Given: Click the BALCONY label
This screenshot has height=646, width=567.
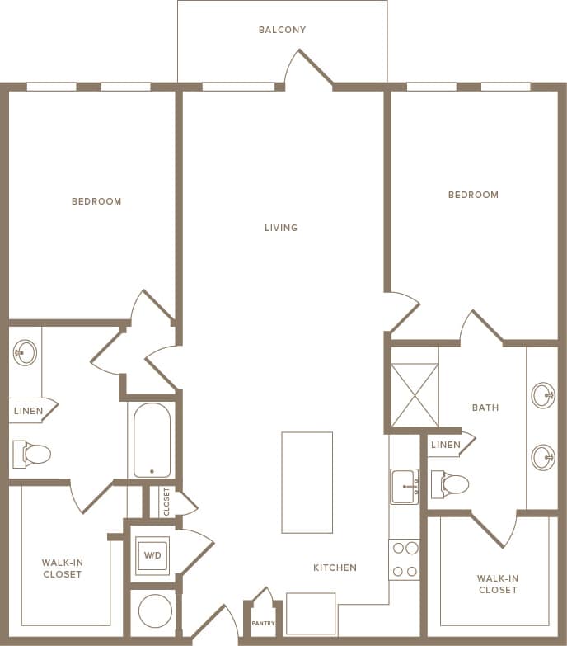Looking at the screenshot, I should pos(282,30).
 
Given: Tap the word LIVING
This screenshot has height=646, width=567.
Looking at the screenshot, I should pos(281,228).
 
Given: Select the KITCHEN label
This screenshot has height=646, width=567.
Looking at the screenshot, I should pos(335,568).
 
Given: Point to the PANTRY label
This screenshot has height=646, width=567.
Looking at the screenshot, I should pos(263,623).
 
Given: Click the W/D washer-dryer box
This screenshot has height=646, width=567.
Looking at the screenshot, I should pos(152,555).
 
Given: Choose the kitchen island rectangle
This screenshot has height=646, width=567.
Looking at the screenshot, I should pos(307,483).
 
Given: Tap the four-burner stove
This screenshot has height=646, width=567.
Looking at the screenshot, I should pos(404,559).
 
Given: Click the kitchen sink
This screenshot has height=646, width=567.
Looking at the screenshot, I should pos(404,486).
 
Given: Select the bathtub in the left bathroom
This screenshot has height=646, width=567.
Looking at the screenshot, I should pos(152,440).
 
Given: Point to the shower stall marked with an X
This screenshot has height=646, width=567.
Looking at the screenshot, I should pos(415,395).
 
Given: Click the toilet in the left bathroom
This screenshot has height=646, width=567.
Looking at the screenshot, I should pos(32,453).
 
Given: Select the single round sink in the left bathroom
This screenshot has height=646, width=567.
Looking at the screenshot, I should pos(25,353).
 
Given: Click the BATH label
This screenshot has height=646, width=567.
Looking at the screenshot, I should pos(485,408).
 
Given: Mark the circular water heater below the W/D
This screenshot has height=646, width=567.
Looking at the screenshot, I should pos(155,611).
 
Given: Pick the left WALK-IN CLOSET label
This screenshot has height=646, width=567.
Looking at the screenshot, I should pos(62,568).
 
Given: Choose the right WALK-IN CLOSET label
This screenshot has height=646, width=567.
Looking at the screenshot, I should pos(497,584).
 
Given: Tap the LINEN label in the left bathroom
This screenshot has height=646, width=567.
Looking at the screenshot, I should pos(28,411).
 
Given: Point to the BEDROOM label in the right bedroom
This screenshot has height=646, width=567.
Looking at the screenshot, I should pos(473,195).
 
